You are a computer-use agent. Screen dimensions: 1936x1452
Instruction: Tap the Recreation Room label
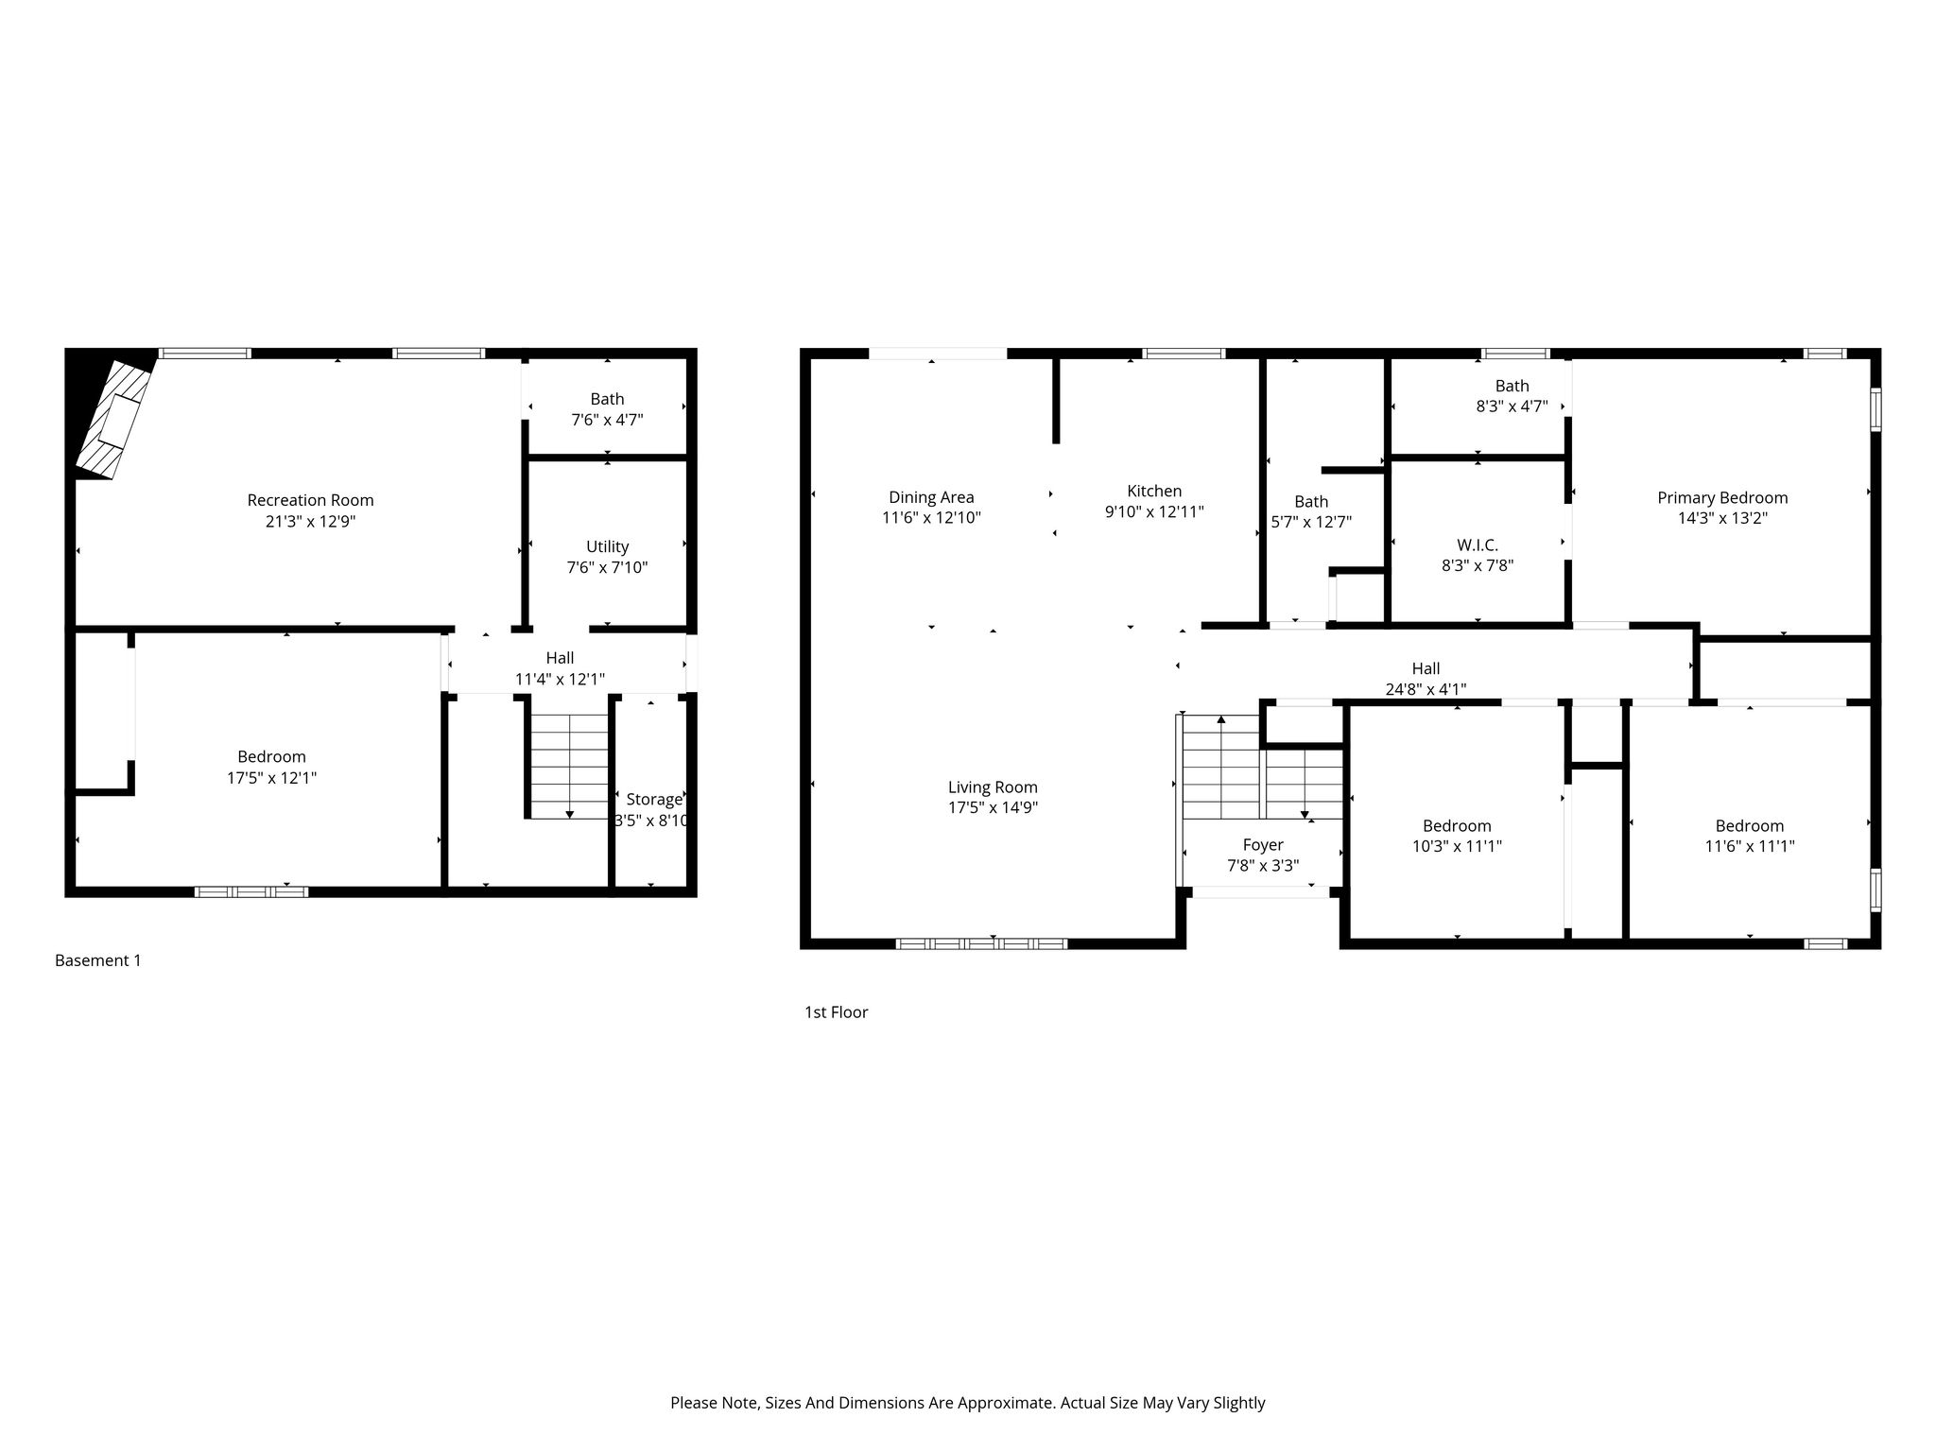point(310,500)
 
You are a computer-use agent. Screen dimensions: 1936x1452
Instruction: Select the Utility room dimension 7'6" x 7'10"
point(607,567)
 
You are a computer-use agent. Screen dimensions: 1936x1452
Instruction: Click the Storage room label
point(654,800)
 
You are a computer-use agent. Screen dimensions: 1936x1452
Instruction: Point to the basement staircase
point(569,766)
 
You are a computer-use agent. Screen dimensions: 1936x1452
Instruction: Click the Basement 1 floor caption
point(98,960)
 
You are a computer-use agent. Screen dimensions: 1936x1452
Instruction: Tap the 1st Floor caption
point(836,1012)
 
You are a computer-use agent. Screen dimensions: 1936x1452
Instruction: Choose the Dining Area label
point(931,497)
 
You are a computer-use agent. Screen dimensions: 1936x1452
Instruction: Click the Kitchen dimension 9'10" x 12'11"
point(1154,511)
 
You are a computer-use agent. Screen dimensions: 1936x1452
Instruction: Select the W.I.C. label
point(1478,545)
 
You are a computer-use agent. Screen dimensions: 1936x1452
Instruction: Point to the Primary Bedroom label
point(1722,498)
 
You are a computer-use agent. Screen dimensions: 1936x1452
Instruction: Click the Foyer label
point(1263,845)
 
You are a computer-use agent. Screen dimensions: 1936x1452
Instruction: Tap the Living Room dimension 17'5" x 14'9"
point(993,807)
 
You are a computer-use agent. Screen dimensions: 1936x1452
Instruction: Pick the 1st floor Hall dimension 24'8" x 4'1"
point(1426,689)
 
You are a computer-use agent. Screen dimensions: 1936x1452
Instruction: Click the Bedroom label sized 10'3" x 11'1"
point(1457,825)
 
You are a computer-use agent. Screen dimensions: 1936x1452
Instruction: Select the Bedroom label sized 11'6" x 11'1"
point(1750,825)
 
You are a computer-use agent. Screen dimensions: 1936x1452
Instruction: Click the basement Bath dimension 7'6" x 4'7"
point(607,420)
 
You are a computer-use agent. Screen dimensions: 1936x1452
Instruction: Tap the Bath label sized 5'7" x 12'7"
point(1311,502)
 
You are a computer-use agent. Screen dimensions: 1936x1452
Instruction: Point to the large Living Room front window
point(981,943)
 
